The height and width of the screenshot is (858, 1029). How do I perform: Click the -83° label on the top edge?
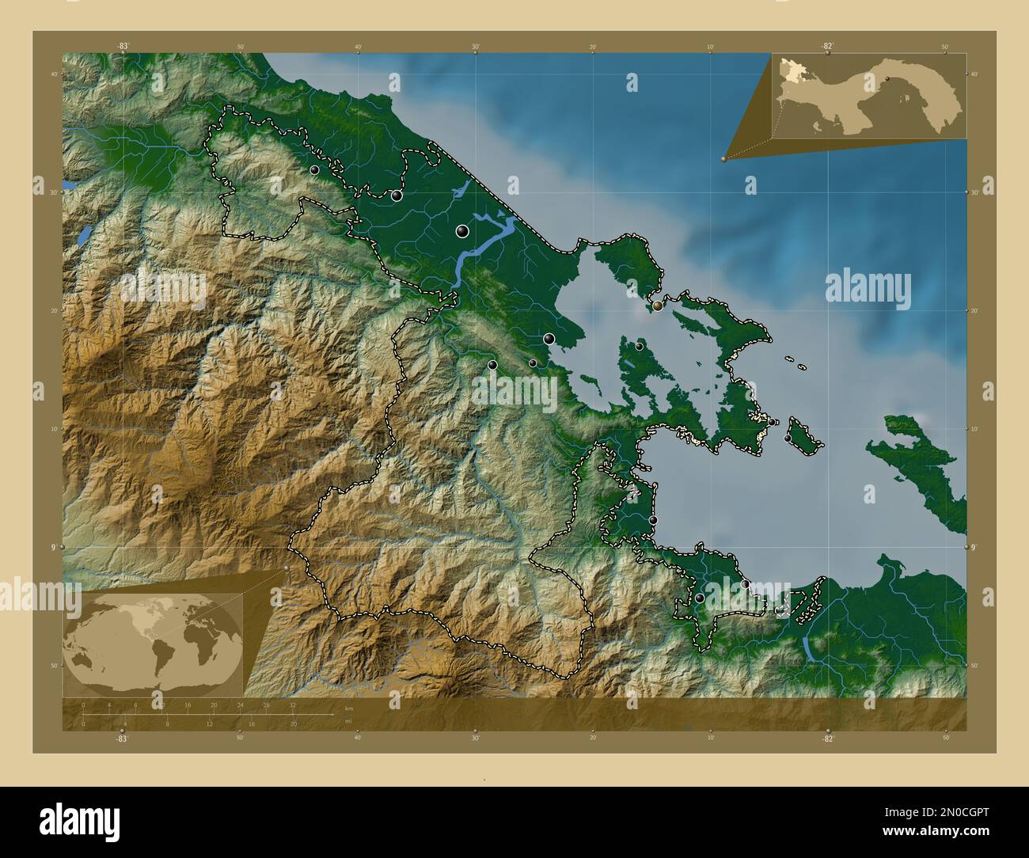point(123,46)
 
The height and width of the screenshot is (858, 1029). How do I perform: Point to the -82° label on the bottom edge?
point(827,738)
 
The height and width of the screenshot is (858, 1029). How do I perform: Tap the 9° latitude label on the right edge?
point(974,547)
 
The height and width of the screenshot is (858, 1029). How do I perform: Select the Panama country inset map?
point(868,97)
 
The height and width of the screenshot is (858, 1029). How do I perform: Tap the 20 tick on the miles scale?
point(293,723)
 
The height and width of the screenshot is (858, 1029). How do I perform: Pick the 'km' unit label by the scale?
point(347,708)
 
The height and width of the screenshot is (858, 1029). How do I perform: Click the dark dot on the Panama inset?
point(887,78)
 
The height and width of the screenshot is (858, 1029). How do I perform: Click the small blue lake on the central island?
point(626,365)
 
